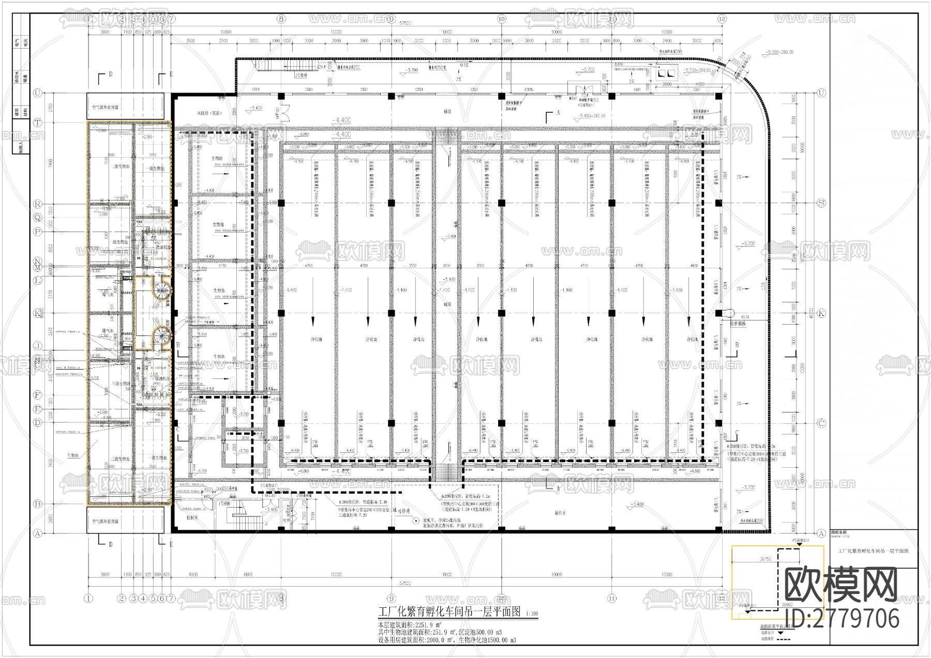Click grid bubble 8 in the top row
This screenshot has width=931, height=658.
coord(281,19)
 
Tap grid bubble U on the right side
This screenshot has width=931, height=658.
coord(821,93)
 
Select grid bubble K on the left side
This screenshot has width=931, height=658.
coord(37,313)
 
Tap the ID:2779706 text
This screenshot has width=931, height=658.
coord(842,618)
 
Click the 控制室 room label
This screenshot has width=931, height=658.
coord(192,517)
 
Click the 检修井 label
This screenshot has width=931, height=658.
coord(403,510)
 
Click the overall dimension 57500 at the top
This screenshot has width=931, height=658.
coord(405,23)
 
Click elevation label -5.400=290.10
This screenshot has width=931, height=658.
coord(592,116)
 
